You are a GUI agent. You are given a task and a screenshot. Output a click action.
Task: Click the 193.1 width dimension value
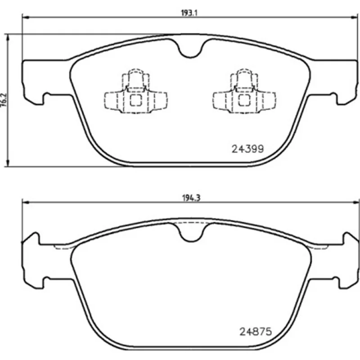point(189,13)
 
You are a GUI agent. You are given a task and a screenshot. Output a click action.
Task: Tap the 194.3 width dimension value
point(191,198)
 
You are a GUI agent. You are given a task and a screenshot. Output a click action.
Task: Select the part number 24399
point(248,149)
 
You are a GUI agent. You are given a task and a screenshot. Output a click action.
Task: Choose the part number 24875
point(256,332)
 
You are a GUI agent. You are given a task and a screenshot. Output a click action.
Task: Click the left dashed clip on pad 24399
point(136,91)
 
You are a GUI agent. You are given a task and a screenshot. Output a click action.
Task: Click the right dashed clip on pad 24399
point(244,91)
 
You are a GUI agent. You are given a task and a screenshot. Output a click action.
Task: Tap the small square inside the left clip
point(136,100)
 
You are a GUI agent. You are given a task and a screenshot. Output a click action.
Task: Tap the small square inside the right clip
point(244,100)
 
